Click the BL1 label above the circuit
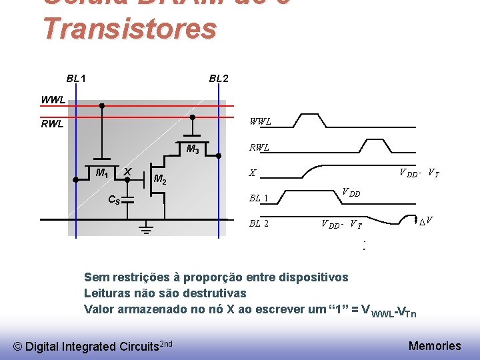(75, 79)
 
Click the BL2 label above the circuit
(219, 79)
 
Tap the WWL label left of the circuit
(53, 100)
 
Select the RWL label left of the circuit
(52, 123)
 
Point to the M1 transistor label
(102, 173)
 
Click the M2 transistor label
(161, 179)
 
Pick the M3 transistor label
(193, 149)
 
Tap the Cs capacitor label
(115, 199)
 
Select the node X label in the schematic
(127, 171)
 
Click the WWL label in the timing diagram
(260, 122)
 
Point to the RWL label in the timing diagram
(259, 147)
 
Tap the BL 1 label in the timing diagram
(259, 198)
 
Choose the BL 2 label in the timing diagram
(259, 223)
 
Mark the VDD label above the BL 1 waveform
(351, 193)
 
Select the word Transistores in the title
(130, 29)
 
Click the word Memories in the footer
(434, 345)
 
